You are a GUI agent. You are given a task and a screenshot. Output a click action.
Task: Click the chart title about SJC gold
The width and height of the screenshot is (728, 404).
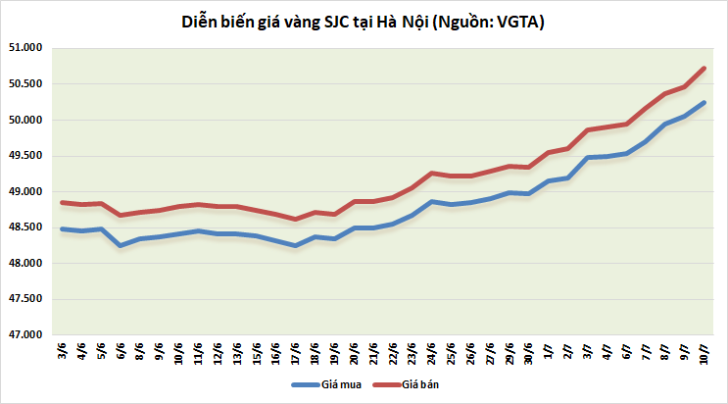tap(364, 21)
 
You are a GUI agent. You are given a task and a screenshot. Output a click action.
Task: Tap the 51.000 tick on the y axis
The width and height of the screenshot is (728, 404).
tap(30, 48)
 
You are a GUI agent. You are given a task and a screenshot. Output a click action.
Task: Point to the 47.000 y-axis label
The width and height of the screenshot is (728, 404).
tap(30, 335)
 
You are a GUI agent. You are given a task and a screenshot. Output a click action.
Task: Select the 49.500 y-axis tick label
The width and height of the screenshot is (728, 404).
tap(30, 156)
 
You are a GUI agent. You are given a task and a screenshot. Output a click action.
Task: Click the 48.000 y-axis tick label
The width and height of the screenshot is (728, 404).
tap(30, 264)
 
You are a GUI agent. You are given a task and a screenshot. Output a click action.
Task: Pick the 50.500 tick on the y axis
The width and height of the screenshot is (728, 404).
tap(30, 84)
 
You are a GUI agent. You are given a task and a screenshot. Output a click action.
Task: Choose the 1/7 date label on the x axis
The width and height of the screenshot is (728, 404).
tap(550, 352)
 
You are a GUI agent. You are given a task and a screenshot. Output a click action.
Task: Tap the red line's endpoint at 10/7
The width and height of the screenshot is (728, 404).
tap(704, 68)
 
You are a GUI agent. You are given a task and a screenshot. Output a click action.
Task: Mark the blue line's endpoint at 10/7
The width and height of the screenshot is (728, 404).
tap(704, 103)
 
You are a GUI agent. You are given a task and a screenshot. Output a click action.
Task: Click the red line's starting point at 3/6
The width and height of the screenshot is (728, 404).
tap(63, 203)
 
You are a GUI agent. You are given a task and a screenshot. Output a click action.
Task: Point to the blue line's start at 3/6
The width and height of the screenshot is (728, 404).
tap(63, 229)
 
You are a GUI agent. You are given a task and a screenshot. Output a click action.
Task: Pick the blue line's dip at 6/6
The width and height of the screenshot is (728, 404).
tap(121, 245)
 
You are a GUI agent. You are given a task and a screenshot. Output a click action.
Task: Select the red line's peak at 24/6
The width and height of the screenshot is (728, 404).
tap(432, 173)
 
